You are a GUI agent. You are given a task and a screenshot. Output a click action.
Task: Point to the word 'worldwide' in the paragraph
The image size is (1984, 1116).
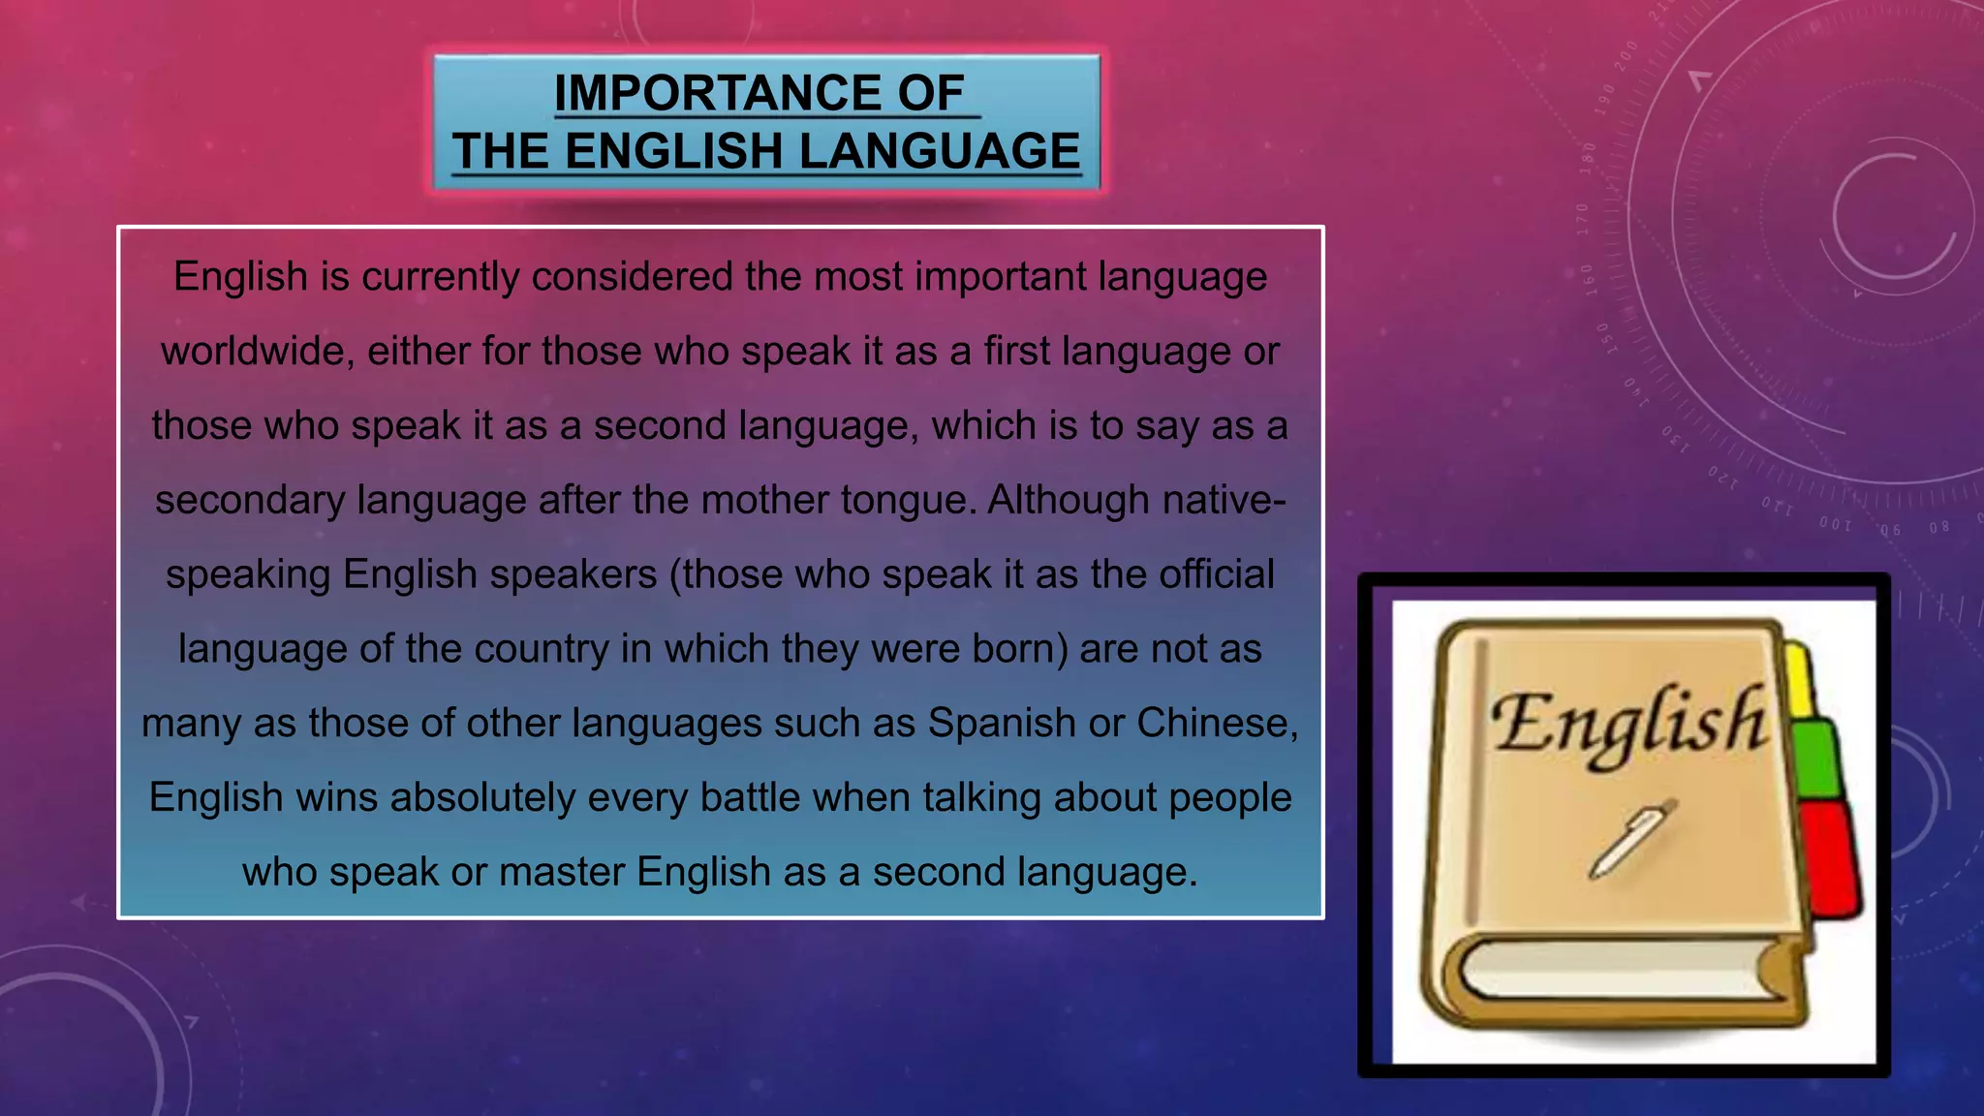pos(252,351)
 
